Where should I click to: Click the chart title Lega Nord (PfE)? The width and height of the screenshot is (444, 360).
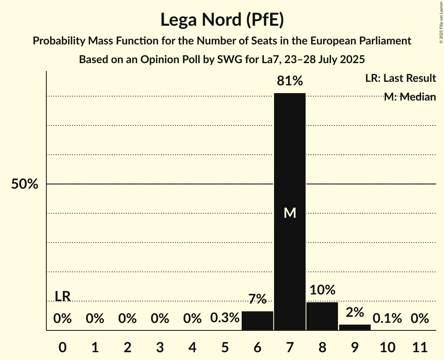click(222, 19)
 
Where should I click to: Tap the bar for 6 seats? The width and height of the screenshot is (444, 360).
click(257, 321)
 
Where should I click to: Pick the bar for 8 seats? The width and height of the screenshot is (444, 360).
click(322, 316)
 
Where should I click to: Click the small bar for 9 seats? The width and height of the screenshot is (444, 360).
click(355, 327)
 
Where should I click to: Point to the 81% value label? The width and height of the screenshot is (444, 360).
click(290, 81)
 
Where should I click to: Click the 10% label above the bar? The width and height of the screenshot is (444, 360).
click(322, 290)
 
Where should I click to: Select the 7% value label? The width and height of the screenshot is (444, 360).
click(257, 299)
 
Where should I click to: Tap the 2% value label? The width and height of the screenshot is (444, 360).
click(355, 312)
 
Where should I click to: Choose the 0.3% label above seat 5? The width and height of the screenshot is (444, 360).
click(225, 318)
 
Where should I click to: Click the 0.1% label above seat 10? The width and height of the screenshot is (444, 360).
click(387, 318)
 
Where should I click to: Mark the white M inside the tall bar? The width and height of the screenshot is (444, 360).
click(290, 213)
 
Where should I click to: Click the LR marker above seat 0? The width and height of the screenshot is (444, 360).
click(62, 296)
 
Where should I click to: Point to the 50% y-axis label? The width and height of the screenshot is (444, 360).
click(25, 184)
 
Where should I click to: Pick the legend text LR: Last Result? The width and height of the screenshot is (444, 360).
click(400, 78)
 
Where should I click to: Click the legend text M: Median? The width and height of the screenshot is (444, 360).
click(410, 97)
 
